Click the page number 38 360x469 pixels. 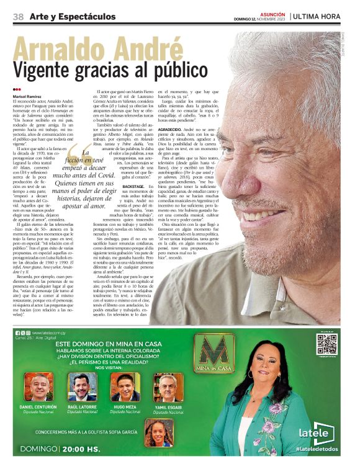18,17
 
